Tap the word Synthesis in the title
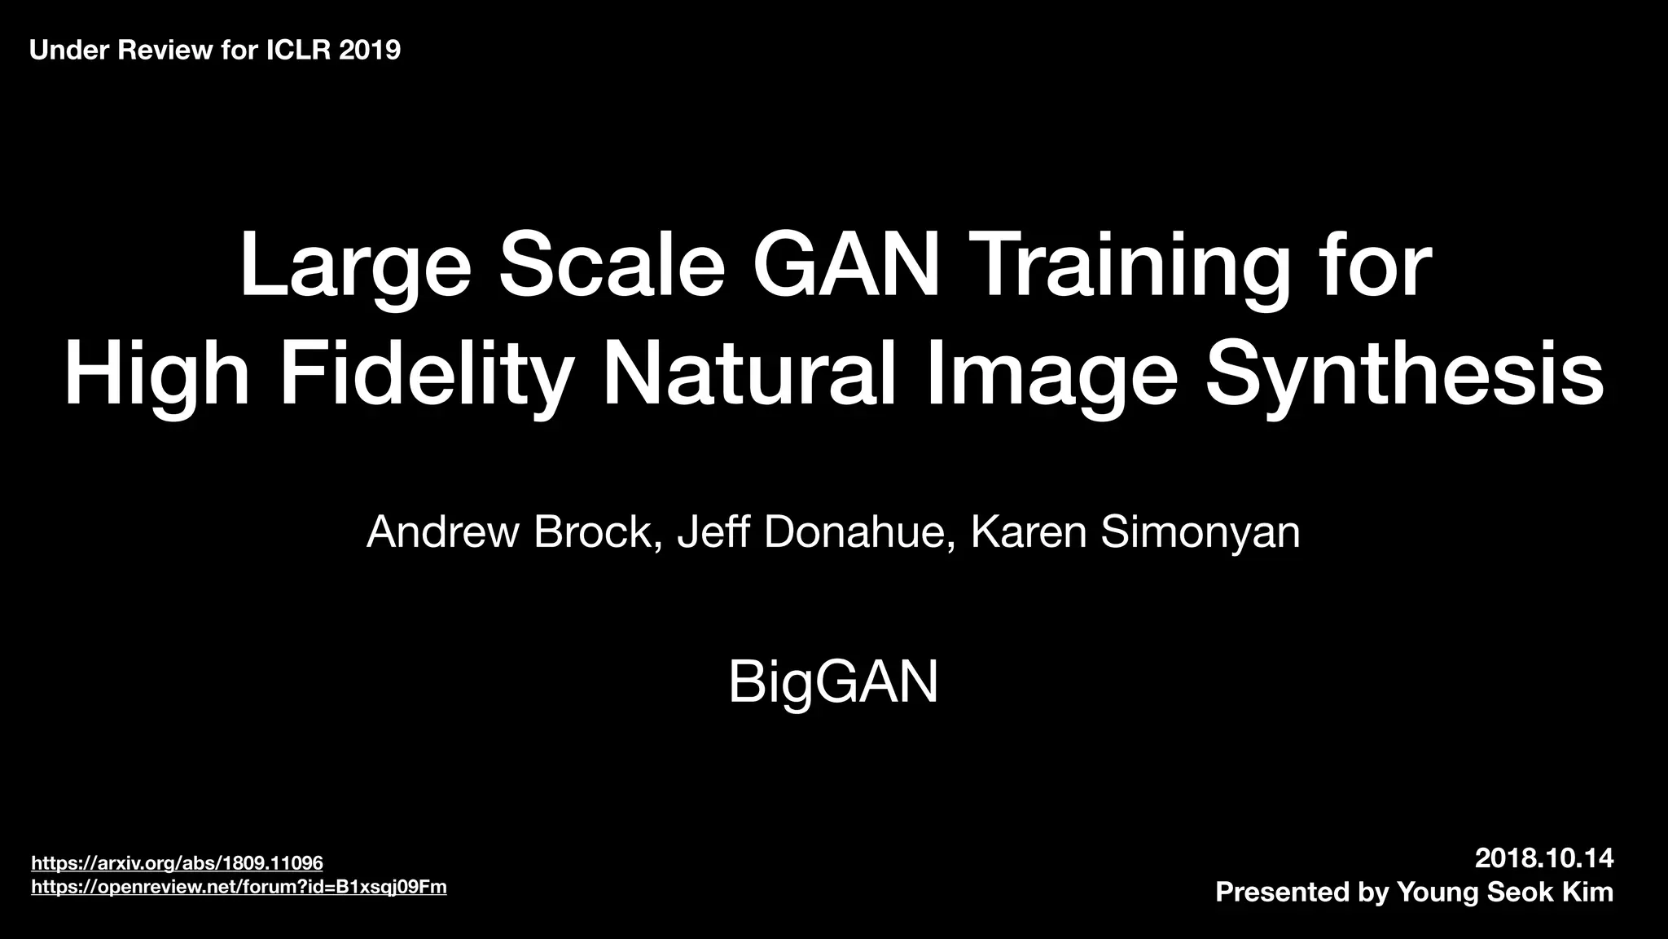click(x=1404, y=375)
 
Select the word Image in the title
click(x=1051, y=375)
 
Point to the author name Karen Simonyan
click(x=1135, y=532)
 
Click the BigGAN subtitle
click(x=833, y=682)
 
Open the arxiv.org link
click(x=177, y=863)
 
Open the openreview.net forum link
click(x=239, y=887)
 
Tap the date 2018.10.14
click(x=1544, y=858)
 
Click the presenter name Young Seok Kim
click(x=1504, y=892)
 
